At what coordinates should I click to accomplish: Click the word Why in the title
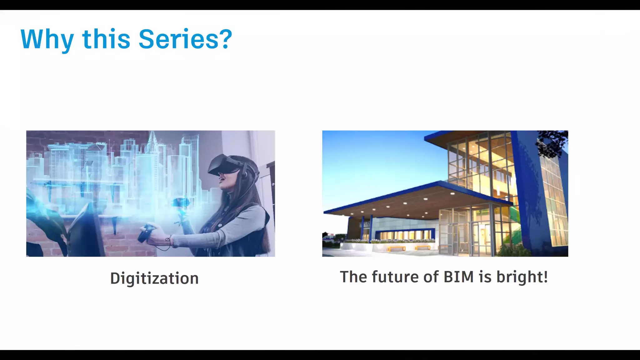[47, 40]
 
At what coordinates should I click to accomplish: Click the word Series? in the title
[185, 39]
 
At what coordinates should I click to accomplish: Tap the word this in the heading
[106, 39]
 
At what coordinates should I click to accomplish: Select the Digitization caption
[154, 278]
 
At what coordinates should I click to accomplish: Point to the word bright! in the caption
[522, 277]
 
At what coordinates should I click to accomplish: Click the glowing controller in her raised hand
[180, 203]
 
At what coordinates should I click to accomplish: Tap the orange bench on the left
[396, 248]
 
